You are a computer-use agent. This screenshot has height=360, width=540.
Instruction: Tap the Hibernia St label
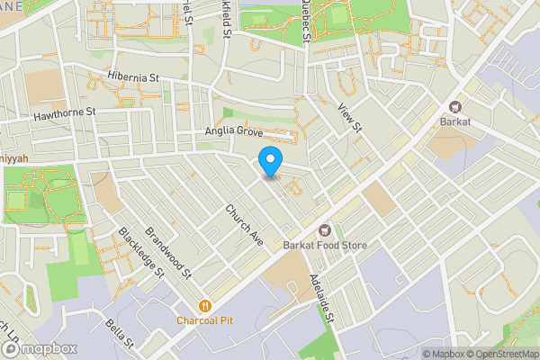[133, 77]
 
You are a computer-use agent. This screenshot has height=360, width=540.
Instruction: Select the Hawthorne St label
[64, 116]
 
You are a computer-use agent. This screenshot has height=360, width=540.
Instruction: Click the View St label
[349, 116]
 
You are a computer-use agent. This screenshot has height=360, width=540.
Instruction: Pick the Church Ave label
[243, 225]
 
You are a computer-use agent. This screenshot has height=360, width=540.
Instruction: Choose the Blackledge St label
[141, 251]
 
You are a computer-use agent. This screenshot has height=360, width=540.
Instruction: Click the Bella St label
[119, 333]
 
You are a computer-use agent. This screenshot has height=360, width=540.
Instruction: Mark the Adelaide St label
[322, 299]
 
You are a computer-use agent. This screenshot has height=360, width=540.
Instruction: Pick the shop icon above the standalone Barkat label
[455, 105]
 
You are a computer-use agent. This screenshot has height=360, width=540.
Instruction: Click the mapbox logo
[40, 348]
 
